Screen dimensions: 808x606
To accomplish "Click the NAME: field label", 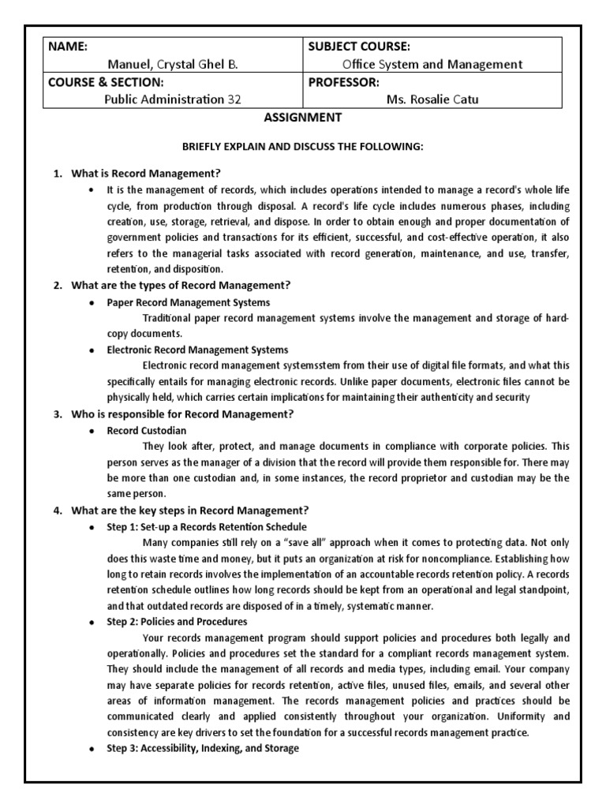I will [x=68, y=47].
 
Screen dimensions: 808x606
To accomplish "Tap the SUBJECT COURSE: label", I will [x=359, y=47].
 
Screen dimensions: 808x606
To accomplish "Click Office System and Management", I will [x=432, y=65].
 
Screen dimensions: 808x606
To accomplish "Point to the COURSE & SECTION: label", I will [x=106, y=82].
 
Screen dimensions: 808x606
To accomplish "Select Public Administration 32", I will [x=173, y=99].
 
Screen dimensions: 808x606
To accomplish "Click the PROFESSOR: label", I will [x=344, y=82].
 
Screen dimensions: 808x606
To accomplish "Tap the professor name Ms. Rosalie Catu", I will [x=432, y=99].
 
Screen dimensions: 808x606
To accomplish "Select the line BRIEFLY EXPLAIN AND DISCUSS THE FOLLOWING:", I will [x=303, y=148].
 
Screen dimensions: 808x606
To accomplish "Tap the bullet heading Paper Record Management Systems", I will [x=189, y=302].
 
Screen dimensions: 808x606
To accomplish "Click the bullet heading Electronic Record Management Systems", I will [x=198, y=350].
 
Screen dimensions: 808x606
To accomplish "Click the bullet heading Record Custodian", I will [x=148, y=431].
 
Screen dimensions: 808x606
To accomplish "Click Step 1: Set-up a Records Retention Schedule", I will [x=208, y=526].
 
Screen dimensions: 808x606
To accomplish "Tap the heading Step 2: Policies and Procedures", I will [x=178, y=622].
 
